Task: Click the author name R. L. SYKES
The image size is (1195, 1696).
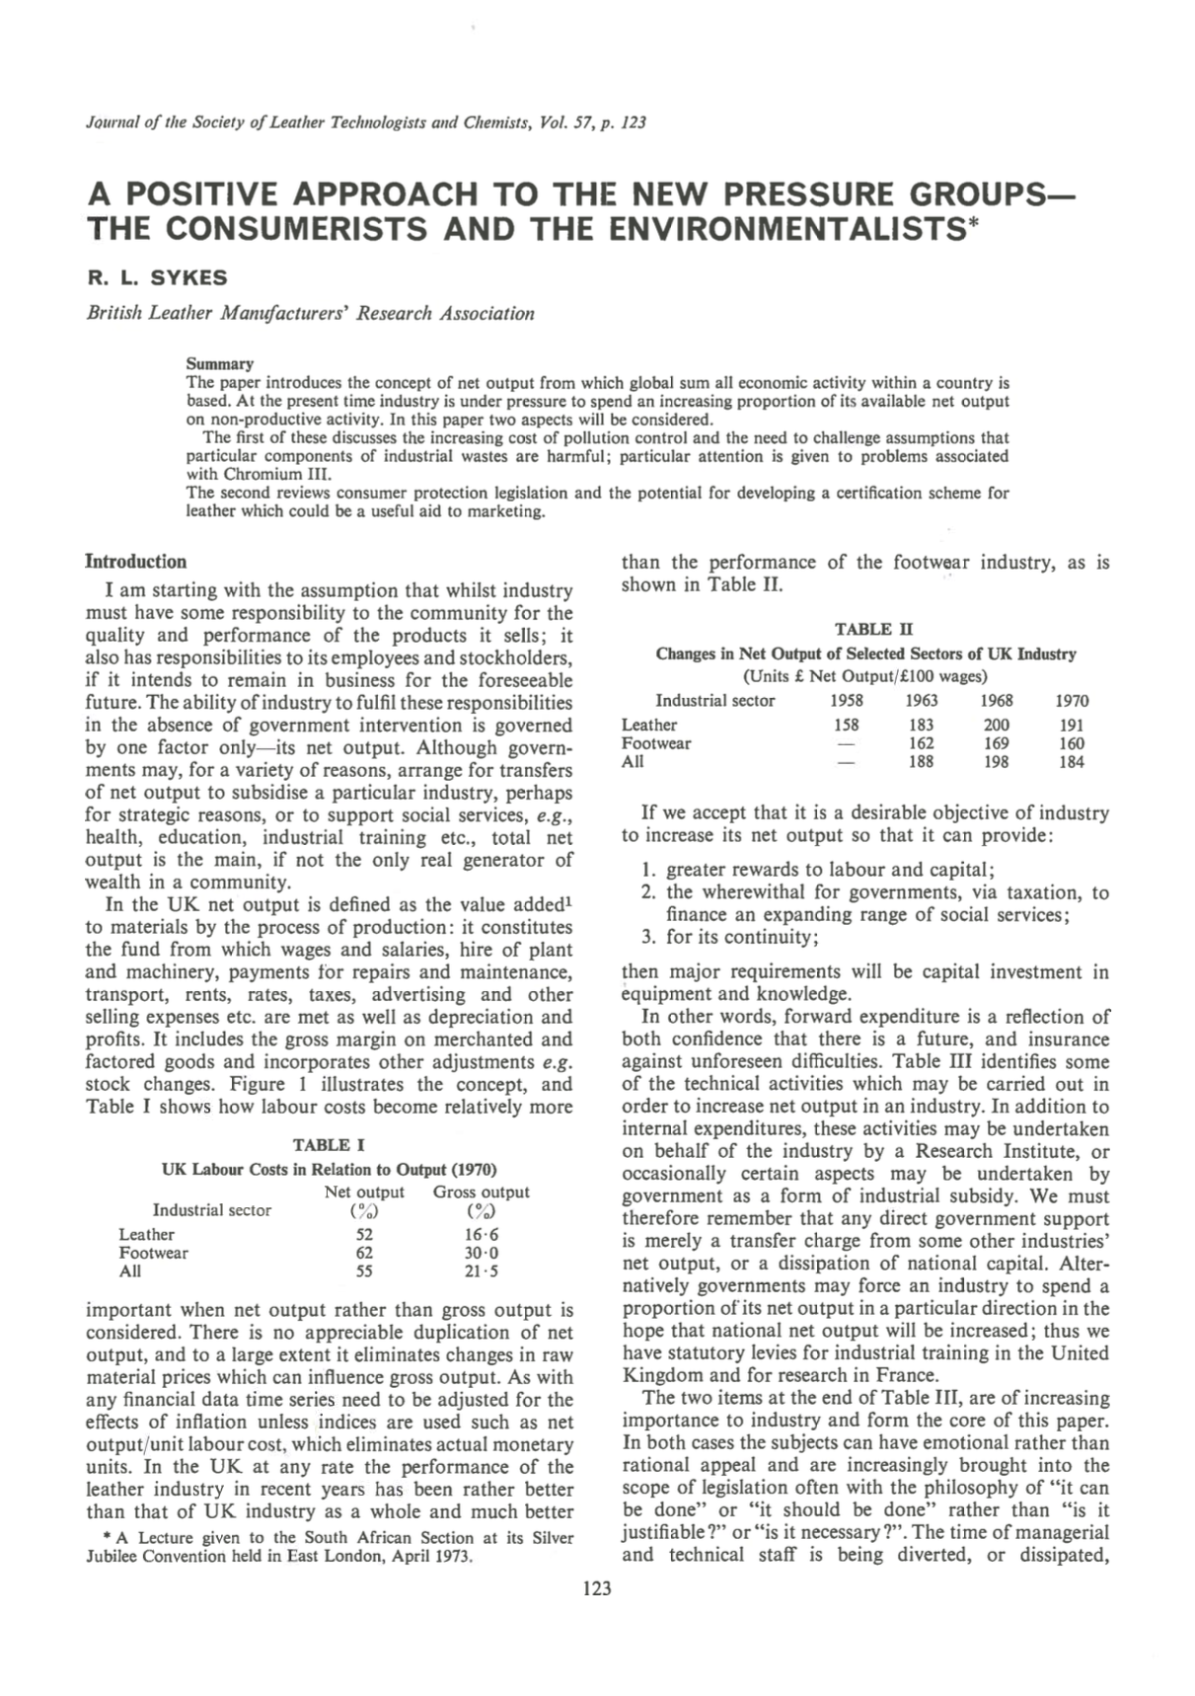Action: [157, 277]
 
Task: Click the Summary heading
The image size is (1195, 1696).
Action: [220, 363]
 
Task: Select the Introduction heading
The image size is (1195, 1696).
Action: [135, 562]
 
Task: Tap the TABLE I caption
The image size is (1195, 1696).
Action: [329, 1145]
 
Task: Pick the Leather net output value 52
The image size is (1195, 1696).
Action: [364, 1234]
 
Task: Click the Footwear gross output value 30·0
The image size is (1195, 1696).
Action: [482, 1253]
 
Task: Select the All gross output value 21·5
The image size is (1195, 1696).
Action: [482, 1272]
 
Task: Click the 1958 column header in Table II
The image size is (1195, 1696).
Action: [847, 701]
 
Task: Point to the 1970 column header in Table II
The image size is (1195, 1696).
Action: [1072, 701]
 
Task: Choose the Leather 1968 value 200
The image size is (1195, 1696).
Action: [997, 725]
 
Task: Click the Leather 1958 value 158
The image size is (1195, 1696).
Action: [847, 725]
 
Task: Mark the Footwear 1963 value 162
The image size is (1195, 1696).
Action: [922, 743]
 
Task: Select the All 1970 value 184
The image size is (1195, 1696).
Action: [1072, 762]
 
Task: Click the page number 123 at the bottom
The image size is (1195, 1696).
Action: [597, 1588]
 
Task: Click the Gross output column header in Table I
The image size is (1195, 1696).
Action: [482, 1193]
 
